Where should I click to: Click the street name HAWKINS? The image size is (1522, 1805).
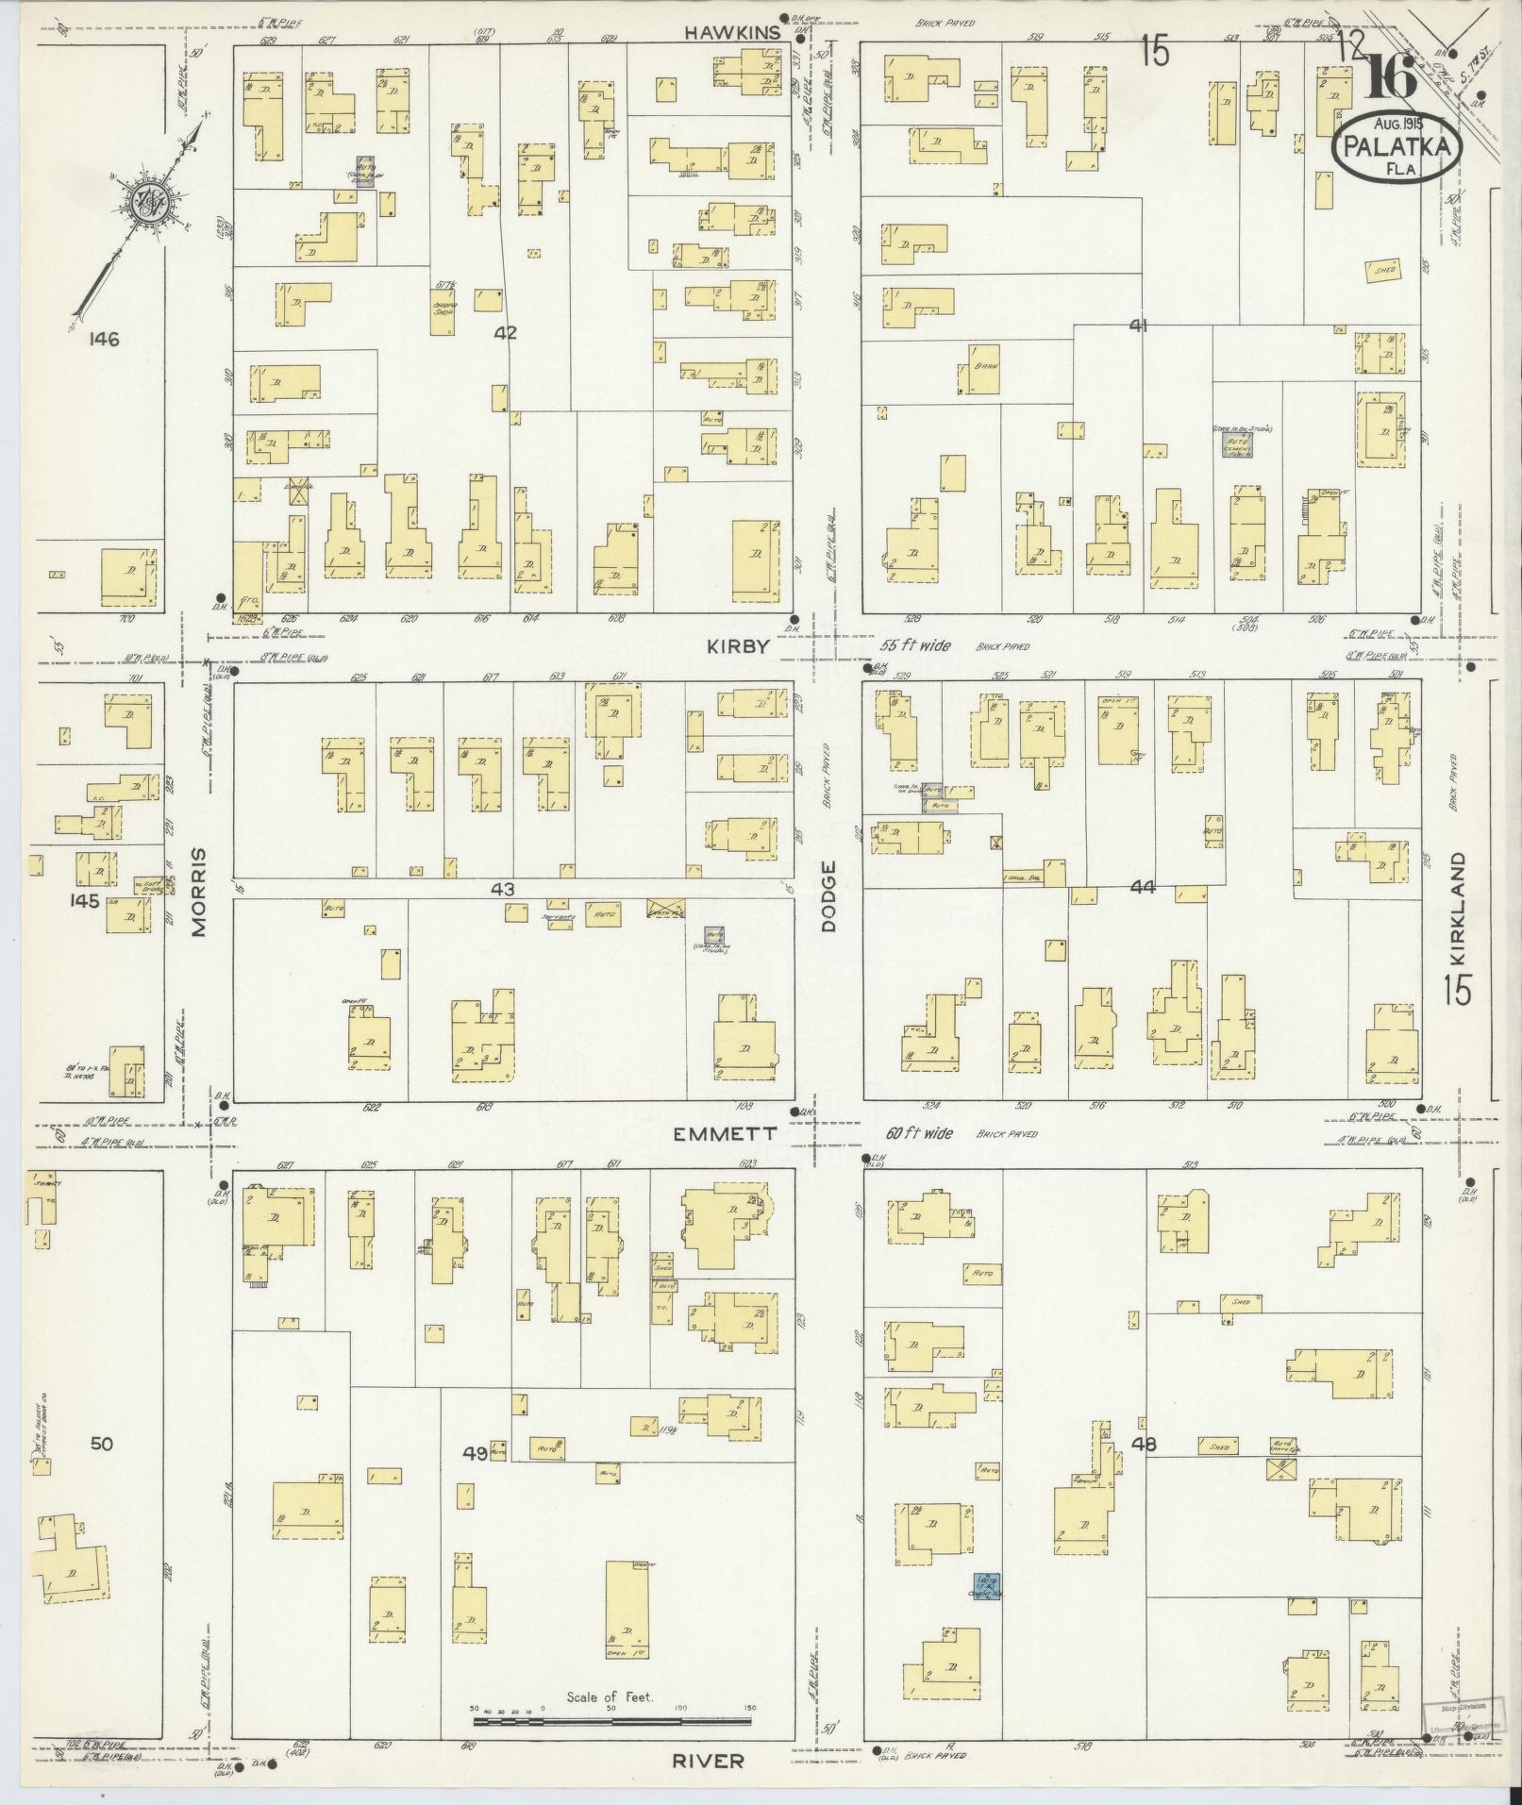(x=732, y=33)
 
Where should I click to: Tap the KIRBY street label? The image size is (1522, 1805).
(x=740, y=644)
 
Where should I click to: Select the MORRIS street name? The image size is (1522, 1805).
(x=199, y=891)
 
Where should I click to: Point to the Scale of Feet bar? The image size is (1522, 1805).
(x=613, y=1721)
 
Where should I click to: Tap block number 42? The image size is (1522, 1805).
(x=506, y=332)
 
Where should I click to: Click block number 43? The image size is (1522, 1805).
(x=502, y=889)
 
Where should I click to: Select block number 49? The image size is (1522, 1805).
(x=475, y=1479)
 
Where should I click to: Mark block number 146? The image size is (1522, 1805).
(x=101, y=339)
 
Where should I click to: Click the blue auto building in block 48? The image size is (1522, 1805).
(x=987, y=1586)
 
